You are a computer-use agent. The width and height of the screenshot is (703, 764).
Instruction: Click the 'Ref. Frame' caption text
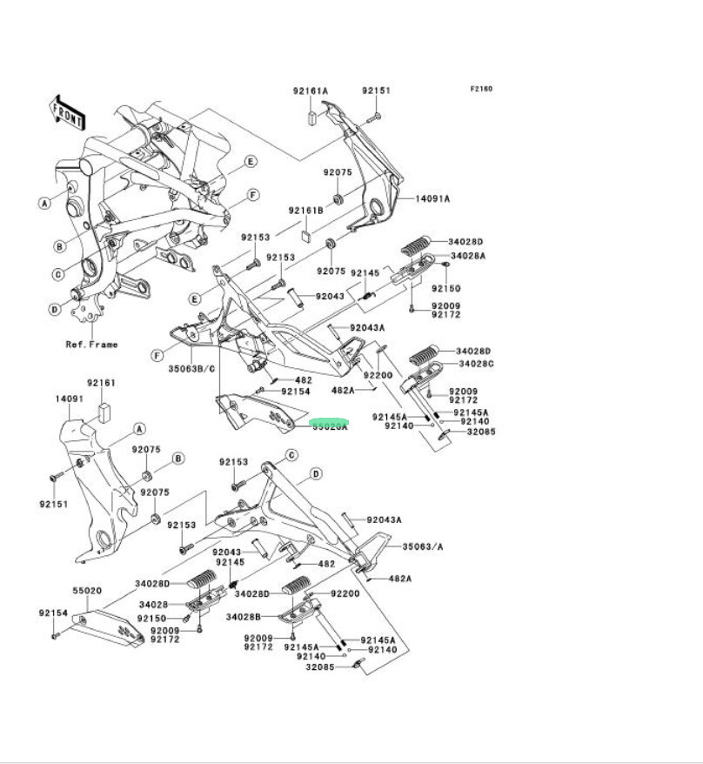[x=91, y=345]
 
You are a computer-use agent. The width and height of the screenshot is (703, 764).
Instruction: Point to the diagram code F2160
[x=481, y=89]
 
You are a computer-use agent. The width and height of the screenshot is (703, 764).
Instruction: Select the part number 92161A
[x=310, y=91]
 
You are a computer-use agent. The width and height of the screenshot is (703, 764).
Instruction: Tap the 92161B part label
[x=307, y=211]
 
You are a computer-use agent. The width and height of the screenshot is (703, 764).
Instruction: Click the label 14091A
[x=432, y=199]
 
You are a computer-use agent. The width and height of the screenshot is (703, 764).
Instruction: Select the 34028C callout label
[x=477, y=364]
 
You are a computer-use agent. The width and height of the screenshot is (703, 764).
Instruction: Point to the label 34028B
[x=244, y=617]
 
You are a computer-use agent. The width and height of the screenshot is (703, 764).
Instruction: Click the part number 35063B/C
[x=191, y=368]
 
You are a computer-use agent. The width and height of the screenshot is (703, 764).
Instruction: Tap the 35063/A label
[x=423, y=547]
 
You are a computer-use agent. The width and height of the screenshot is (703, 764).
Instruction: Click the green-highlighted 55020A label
[x=330, y=426]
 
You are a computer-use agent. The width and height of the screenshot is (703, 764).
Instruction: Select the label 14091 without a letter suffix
[x=70, y=399]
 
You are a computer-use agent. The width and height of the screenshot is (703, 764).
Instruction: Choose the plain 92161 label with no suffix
[x=101, y=383]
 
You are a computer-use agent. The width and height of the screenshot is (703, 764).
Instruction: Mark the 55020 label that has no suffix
[x=88, y=590]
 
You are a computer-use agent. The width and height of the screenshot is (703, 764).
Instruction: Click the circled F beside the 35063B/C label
[x=157, y=356]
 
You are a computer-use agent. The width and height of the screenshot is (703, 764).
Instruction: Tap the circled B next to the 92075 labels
[x=178, y=459]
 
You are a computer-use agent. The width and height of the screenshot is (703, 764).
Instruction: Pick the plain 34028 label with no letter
[x=153, y=605]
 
